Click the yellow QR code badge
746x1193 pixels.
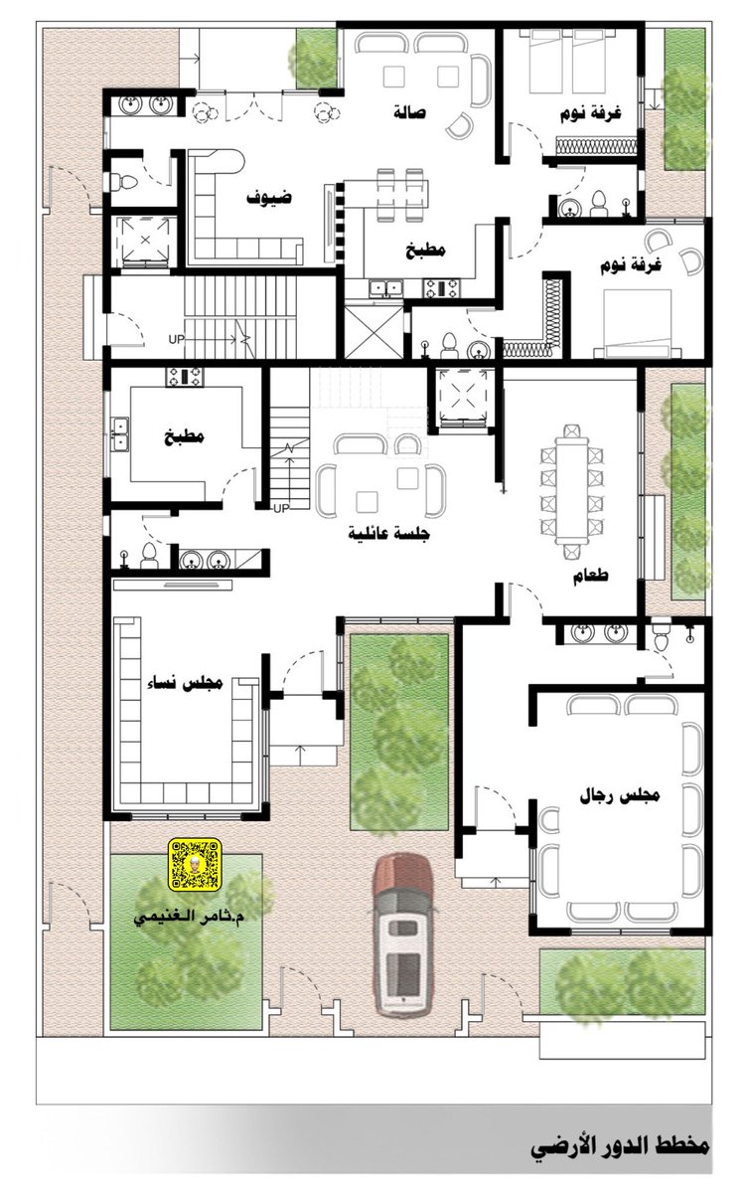tap(195, 864)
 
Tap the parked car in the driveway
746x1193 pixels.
tap(402, 933)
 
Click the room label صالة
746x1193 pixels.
tap(409, 113)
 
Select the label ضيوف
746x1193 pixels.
tap(269, 197)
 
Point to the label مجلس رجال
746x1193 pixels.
tap(620, 795)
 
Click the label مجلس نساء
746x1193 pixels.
tap(185, 683)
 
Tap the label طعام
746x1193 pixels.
tap(590, 576)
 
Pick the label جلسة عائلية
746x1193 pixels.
tap(388, 533)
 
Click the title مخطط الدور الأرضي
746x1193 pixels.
tap(620, 1143)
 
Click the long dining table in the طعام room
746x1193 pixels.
tap(571, 490)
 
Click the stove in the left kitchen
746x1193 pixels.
tap(184, 377)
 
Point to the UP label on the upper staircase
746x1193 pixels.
tap(176, 339)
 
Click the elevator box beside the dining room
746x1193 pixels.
tap(462, 398)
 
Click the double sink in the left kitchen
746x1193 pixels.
tap(121, 433)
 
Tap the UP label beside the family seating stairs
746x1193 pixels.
tap(281, 508)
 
